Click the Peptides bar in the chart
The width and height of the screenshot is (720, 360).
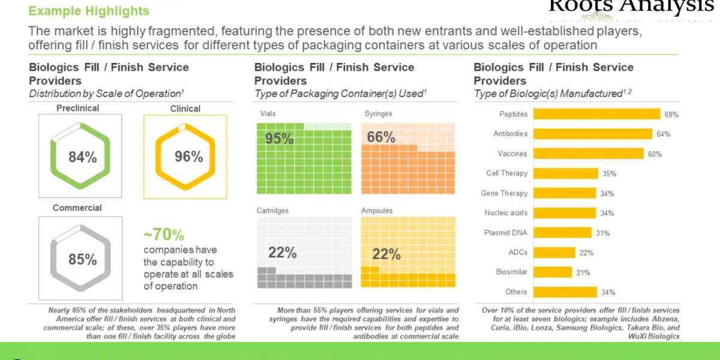pyautogui.click(x=596, y=114)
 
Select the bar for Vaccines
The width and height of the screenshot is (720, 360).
pyautogui.click(x=588, y=154)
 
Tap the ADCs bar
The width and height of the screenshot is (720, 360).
pyautogui.click(x=554, y=253)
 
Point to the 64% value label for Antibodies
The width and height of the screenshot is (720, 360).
pyautogui.click(x=664, y=134)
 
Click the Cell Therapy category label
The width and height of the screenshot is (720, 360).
pyautogui.click(x=506, y=173)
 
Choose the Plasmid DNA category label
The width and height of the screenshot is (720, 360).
pyautogui.click(x=505, y=233)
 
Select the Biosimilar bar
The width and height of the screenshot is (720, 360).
pyautogui.click(x=553, y=272)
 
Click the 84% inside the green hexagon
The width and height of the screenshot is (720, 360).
pyautogui.click(x=82, y=157)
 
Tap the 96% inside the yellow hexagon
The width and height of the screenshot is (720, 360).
pyautogui.click(x=188, y=157)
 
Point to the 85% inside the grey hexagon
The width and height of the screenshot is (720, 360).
pyautogui.click(x=82, y=260)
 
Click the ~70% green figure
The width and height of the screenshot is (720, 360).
pyautogui.click(x=163, y=235)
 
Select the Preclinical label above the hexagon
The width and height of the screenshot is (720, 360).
pyautogui.click(x=77, y=109)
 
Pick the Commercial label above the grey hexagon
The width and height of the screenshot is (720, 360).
pyautogui.click(x=77, y=208)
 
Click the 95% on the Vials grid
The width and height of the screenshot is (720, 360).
pyautogui.click(x=279, y=139)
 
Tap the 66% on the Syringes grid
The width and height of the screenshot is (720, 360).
pyautogui.click(x=381, y=137)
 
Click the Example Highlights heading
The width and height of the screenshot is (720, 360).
pyautogui.click(x=89, y=11)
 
